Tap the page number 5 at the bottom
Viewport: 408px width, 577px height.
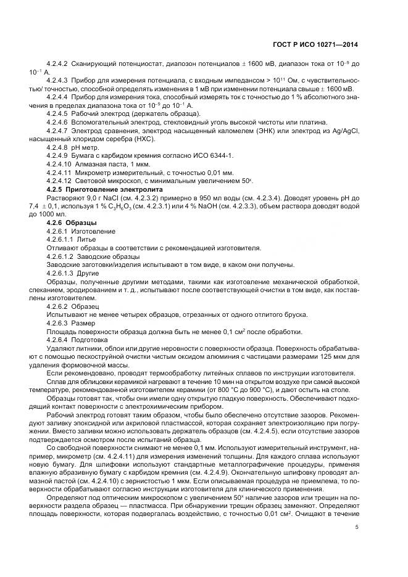(357, 526)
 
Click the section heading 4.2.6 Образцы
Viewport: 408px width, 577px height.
(66, 223)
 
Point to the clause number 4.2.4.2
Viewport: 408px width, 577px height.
(57, 63)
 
